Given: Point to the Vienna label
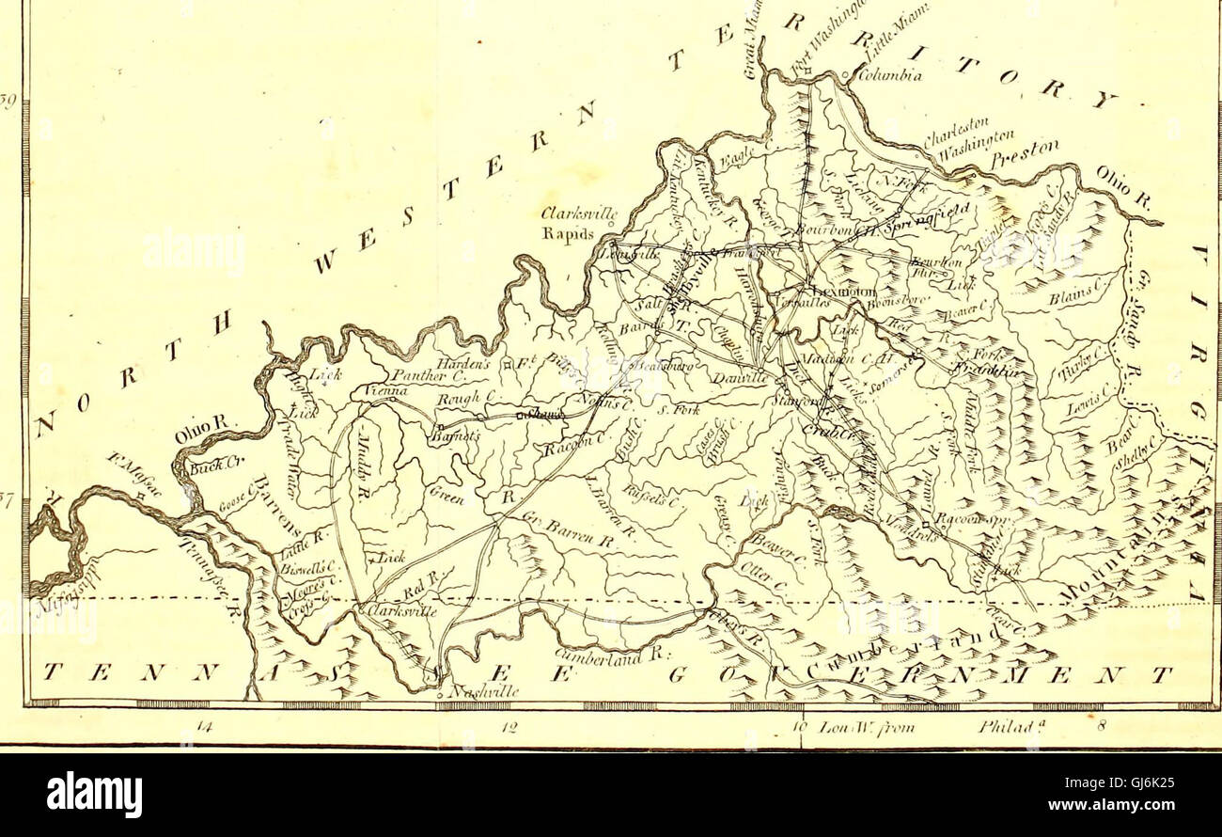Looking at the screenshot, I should (x=380, y=387).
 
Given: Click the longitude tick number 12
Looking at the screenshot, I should (x=506, y=727).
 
